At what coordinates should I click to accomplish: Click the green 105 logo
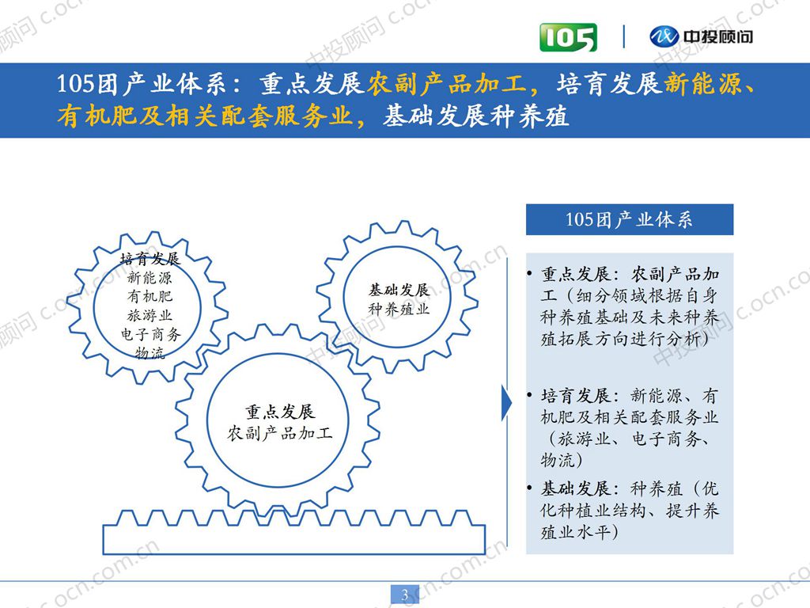coord(568,36)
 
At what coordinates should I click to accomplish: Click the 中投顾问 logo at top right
coord(701,36)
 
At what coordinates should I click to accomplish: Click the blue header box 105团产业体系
coord(629,219)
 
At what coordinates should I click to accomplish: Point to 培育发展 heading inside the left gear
coord(150,259)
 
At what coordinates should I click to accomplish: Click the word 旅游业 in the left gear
coord(150,316)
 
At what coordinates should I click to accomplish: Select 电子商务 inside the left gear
coord(150,334)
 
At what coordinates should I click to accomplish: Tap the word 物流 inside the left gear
coord(150,352)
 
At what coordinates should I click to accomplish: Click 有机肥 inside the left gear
coord(150,297)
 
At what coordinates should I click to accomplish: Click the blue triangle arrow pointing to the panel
coord(507,404)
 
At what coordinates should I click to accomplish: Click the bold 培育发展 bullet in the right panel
coord(576,395)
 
